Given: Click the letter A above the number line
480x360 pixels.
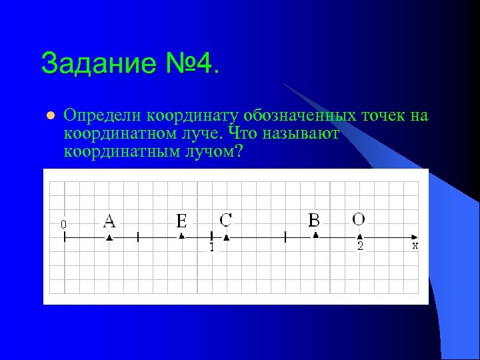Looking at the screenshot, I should click(110, 220).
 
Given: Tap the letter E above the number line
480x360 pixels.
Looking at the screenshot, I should click(181, 220).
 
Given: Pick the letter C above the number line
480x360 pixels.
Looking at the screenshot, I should click(226, 219).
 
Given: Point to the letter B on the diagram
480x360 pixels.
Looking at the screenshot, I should click(315, 219).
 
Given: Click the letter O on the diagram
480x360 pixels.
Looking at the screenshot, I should click(359, 219).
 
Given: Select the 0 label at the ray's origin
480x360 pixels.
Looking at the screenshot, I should click(63, 225).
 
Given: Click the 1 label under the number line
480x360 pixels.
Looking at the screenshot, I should click(211, 247).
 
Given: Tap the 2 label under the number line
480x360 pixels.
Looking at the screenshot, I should click(360, 247).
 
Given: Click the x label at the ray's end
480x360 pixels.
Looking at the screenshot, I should click(415, 245).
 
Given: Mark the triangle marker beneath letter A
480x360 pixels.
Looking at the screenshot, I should click(110, 237).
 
